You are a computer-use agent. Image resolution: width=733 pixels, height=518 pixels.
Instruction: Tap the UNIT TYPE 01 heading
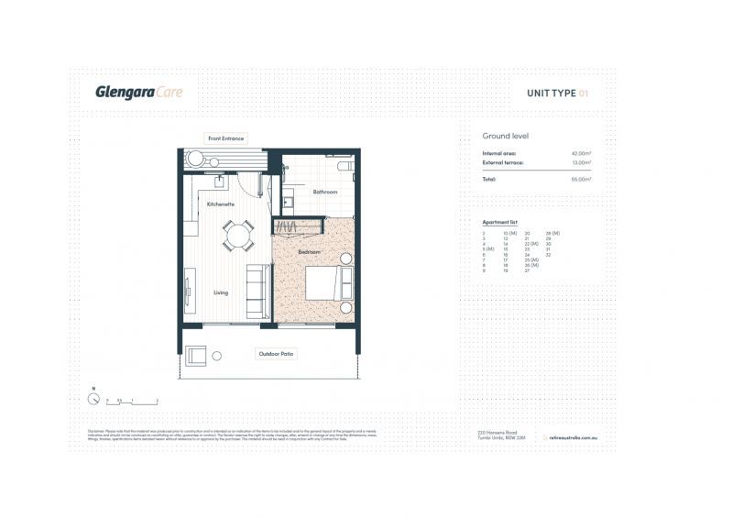coord(558,93)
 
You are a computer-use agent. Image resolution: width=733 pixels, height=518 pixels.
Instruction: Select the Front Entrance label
coord(225,138)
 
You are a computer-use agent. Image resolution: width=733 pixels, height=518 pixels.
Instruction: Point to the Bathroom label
coord(325,192)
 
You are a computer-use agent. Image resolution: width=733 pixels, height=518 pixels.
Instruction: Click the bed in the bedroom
coord(324,284)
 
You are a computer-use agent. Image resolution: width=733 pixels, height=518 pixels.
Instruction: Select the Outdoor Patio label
coord(276,353)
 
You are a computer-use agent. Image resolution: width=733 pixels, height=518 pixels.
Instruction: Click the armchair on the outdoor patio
coord(196,356)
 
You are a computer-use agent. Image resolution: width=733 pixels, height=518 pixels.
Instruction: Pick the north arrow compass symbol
coord(93,399)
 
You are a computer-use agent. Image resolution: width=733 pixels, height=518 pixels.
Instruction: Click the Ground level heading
coord(505,136)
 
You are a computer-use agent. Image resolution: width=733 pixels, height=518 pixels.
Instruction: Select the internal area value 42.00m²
coord(581,153)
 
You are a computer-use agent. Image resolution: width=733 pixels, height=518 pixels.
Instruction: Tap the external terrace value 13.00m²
coord(581,162)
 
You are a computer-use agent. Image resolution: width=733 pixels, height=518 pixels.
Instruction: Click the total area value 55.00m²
coord(581,179)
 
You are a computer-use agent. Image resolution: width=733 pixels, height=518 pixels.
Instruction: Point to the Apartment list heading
coord(500,223)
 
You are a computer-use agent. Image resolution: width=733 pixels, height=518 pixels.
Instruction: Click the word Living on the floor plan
coord(221,293)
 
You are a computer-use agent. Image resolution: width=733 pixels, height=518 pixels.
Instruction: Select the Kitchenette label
coord(220,204)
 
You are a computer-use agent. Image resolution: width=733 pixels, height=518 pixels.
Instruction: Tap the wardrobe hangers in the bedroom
coord(287,226)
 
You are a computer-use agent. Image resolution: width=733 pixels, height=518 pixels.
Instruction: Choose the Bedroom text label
coord(308,250)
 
